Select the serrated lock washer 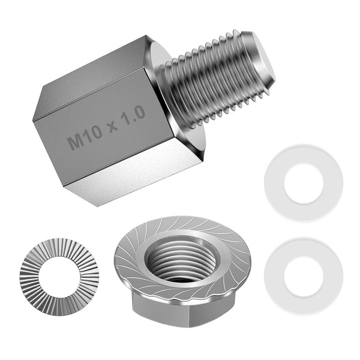tap(59, 277)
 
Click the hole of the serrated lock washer tap(59, 277)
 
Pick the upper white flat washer tap(304, 183)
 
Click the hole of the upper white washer tap(304, 183)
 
